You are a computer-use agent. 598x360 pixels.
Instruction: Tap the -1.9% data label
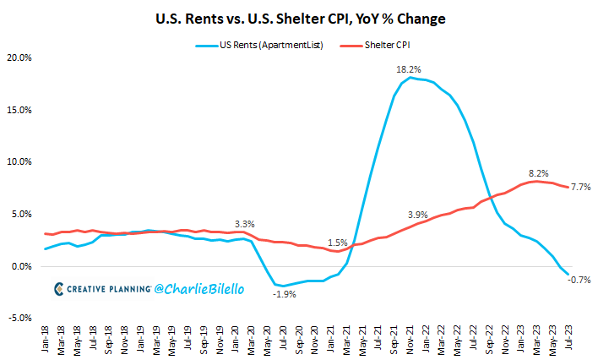pos(284,294)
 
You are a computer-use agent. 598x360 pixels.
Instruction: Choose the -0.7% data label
pos(579,280)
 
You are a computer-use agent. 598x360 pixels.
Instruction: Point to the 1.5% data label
pos(337,243)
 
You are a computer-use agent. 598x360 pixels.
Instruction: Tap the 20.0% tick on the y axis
pos(19,57)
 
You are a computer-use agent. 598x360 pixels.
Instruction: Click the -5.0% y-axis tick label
pos(19,319)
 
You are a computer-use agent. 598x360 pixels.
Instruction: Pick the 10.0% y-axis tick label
pos(19,162)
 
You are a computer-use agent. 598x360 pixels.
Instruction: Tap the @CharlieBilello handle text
pos(200,289)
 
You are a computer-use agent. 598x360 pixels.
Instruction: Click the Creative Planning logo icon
pos(59,289)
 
